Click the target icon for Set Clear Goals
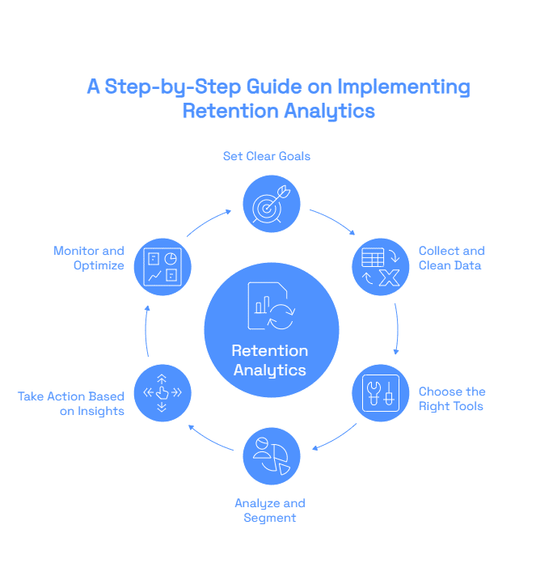point(271,204)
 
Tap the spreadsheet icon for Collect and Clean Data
point(380,267)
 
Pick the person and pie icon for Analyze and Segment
point(271,456)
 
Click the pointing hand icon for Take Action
point(162,393)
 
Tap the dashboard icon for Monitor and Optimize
point(162,267)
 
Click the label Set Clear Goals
point(267,155)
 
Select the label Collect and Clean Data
point(451,258)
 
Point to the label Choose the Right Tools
point(451,399)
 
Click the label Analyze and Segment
point(270,510)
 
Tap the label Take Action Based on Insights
point(71,404)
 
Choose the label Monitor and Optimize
point(89,258)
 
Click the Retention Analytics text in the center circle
point(270,361)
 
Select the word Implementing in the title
point(403,87)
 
